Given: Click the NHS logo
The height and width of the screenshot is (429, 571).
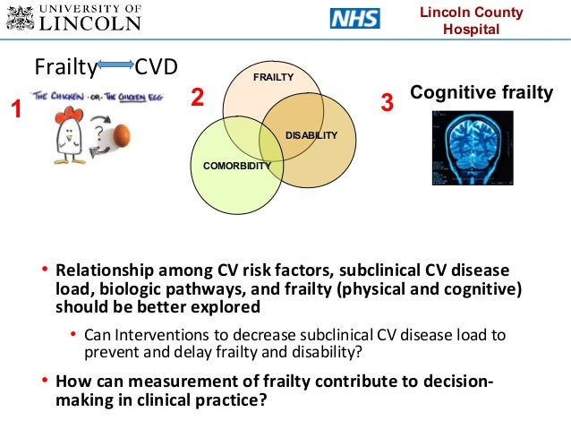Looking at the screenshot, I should pyautogui.click(x=354, y=19).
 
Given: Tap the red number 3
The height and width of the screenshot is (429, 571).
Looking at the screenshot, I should pyautogui.click(x=387, y=103).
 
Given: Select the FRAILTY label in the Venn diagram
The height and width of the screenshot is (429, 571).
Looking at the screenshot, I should pyautogui.click(x=273, y=78).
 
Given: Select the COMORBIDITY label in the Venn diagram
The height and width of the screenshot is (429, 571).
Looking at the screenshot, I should pyautogui.click(x=237, y=166).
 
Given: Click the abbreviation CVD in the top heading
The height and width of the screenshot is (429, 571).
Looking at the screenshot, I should pyautogui.click(x=156, y=67).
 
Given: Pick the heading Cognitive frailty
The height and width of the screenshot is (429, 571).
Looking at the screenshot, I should pyautogui.click(x=481, y=92).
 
